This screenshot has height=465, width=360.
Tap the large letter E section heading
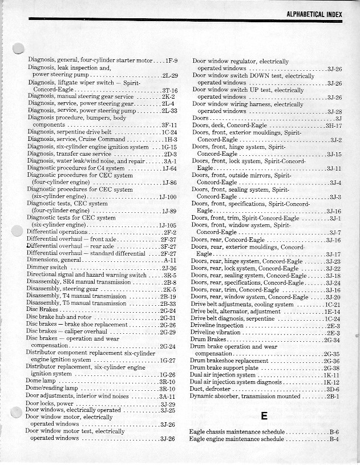[264, 416]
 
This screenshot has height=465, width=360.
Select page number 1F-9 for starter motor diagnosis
[172, 60]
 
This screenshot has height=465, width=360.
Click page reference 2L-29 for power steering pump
[170, 75]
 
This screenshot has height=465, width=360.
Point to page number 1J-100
[168, 197]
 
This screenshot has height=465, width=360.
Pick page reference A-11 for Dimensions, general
[169, 260]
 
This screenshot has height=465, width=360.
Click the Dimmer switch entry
[47, 267]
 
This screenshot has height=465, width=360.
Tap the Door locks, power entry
[51, 403]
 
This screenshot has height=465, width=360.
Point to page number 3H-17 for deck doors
[333, 126]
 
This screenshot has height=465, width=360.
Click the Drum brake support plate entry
[224, 368]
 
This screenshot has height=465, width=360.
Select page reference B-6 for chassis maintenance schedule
[334, 432]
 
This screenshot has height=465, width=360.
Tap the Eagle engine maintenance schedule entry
[236, 439]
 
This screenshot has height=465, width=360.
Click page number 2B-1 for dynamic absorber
[333, 396]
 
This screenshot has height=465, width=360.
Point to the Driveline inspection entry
[217, 325]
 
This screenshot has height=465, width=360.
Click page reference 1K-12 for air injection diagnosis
[331, 382]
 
